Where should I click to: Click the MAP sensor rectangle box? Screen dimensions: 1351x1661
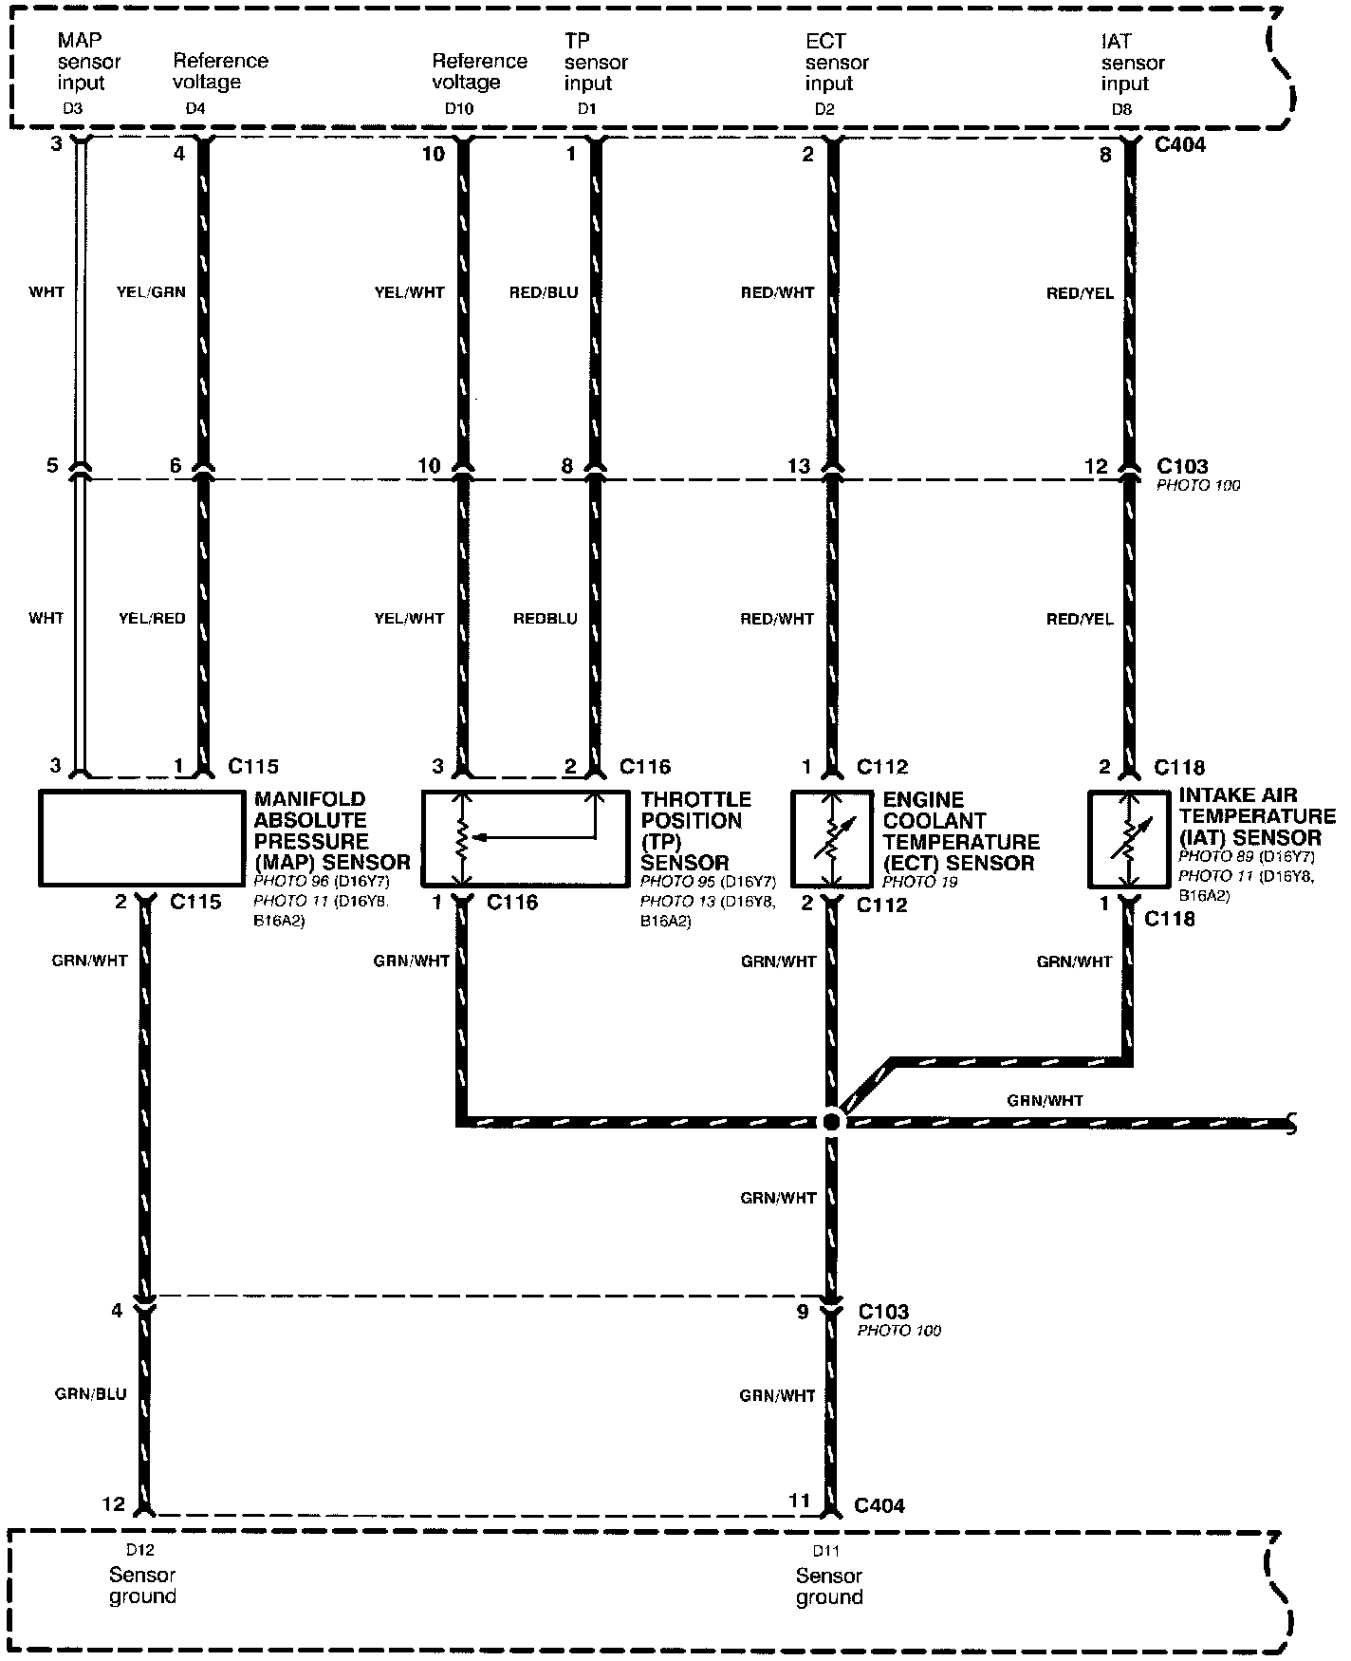click(x=140, y=838)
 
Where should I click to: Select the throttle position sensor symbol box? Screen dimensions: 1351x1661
click(x=524, y=838)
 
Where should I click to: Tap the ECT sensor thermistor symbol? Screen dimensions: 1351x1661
click(x=831, y=838)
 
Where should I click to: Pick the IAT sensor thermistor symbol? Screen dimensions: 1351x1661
click(x=1127, y=838)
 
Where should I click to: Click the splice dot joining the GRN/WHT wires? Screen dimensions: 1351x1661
click(x=832, y=1122)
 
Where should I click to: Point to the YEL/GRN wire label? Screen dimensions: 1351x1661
click(x=151, y=292)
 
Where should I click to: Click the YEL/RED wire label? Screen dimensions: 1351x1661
click(x=151, y=619)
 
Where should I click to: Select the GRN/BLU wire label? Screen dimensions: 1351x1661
click(x=89, y=1394)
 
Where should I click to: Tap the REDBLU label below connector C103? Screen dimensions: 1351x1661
click(x=545, y=619)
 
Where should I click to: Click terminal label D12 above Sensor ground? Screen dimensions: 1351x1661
click(x=139, y=1551)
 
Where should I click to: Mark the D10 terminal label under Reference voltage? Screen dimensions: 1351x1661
click(x=458, y=109)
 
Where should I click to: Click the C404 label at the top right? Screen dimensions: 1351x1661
click(x=1181, y=145)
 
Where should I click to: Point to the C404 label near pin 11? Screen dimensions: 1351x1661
click(x=879, y=1505)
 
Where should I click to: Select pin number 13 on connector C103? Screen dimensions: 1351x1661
click(x=800, y=466)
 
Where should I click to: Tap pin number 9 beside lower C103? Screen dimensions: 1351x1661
click(x=803, y=1312)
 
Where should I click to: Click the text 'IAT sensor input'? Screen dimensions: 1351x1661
click(x=1133, y=63)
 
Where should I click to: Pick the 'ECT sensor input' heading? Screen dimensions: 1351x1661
click(x=837, y=63)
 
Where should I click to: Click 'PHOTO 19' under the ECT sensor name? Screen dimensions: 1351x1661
click(x=919, y=882)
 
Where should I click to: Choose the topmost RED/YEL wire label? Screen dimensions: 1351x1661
click(x=1080, y=293)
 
